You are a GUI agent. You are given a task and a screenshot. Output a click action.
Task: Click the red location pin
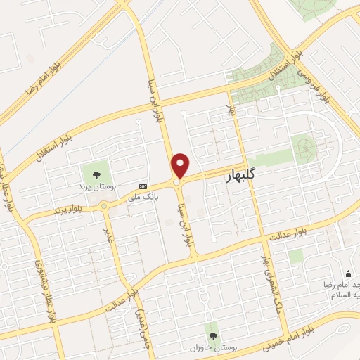pyautogui.click(x=181, y=165)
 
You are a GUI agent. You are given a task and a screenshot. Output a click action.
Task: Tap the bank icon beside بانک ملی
pyautogui.click(x=143, y=186)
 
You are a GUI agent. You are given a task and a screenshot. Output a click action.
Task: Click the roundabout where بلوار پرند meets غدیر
pyautogui.click(x=104, y=206)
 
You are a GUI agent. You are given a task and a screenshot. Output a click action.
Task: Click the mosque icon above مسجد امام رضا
pyautogui.click(x=347, y=274)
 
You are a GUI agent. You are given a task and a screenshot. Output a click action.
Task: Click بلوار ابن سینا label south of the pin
pyautogui.click(x=188, y=225)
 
